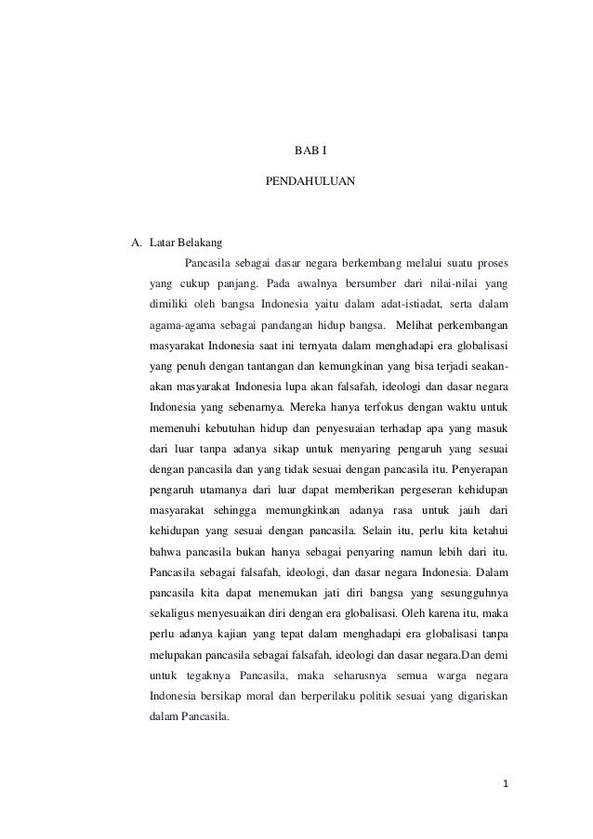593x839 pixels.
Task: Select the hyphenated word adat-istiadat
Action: [x=402, y=303]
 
